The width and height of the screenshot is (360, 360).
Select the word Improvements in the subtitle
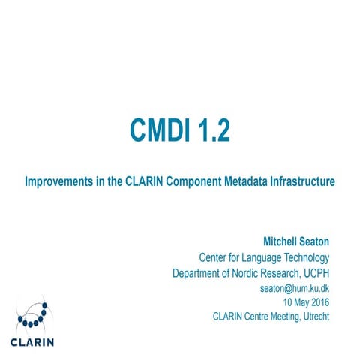[x=58, y=182]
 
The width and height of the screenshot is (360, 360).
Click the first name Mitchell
[x=280, y=242]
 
